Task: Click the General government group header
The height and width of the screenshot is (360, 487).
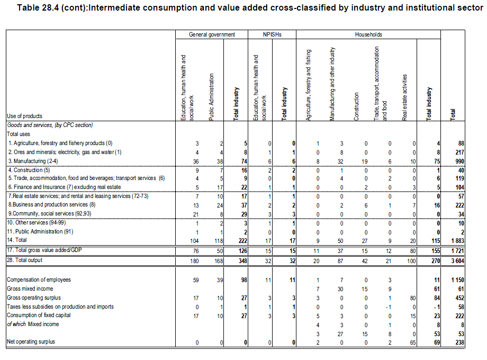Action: (x=212, y=34)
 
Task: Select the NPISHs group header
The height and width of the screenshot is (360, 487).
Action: (x=272, y=34)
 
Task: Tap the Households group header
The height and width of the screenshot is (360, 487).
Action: (x=368, y=34)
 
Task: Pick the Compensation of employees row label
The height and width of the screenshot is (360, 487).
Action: (x=39, y=279)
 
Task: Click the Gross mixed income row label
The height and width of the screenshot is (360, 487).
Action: (x=30, y=289)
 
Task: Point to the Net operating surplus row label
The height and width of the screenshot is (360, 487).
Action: (x=32, y=342)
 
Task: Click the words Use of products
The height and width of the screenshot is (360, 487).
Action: (x=24, y=116)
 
